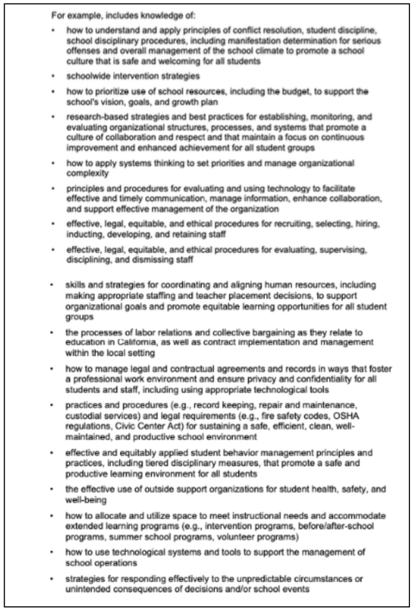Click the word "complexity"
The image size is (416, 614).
[88, 172]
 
